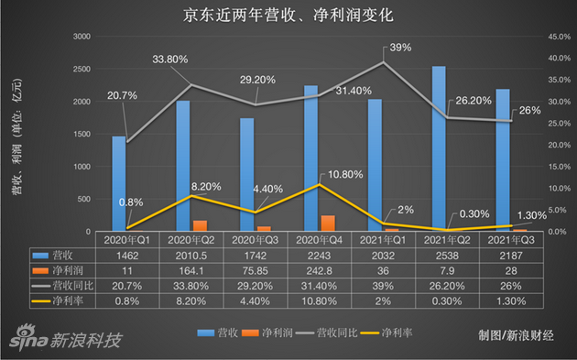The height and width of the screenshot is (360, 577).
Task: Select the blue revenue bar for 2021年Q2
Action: tap(439, 147)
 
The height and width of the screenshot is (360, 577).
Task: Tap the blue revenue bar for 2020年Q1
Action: tap(119, 183)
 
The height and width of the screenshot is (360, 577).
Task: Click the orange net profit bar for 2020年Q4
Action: tap(328, 223)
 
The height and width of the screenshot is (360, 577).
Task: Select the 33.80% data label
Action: tap(170, 60)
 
